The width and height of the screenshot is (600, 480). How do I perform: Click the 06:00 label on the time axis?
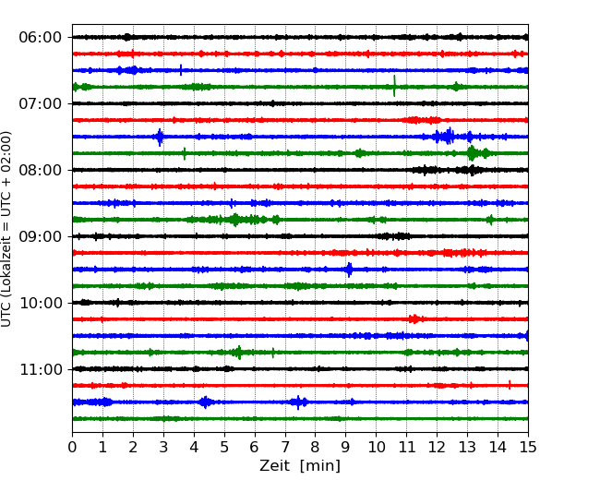(x=40, y=37)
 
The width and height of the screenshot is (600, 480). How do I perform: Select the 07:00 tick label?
(x=40, y=103)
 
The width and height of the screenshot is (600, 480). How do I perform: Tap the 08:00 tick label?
(x=40, y=170)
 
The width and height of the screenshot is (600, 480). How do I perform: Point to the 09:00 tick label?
(x=40, y=236)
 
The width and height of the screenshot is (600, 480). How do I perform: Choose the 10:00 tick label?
(x=40, y=303)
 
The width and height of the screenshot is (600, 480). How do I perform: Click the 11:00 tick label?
(x=40, y=369)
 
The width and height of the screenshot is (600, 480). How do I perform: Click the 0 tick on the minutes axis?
(x=72, y=448)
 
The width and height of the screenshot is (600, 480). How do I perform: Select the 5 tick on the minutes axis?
(x=224, y=448)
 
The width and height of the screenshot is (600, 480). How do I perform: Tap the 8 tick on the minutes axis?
(x=316, y=448)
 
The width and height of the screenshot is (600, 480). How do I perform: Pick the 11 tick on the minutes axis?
(x=406, y=448)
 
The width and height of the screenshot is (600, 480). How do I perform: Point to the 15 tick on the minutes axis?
(x=528, y=448)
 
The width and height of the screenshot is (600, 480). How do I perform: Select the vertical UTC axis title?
(x=7, y=228)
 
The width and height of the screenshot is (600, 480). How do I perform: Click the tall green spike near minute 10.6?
(x=394, y=86)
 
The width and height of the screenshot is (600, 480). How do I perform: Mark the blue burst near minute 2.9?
(x=160, y=137)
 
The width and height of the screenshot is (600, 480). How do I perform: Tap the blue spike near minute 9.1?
(x=348, y=270)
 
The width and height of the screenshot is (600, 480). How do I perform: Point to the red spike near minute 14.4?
(x=510, y=385)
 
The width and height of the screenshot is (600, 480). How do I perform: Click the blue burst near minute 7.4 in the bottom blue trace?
(x=298, y=402)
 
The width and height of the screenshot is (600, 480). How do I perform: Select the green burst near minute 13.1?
(x=472, y=153)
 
